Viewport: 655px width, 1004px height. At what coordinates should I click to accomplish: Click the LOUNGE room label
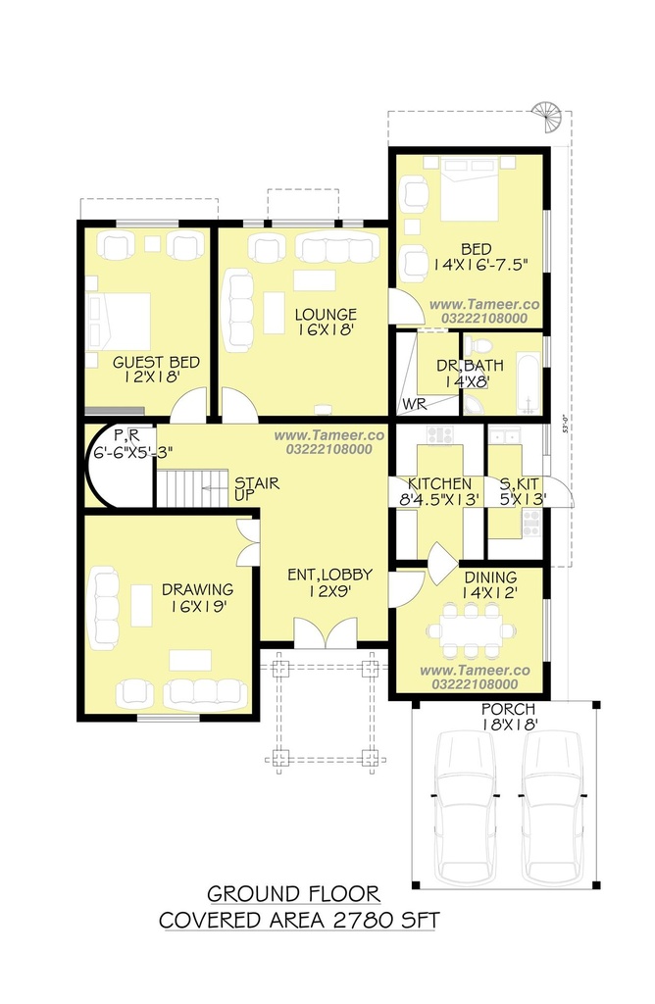(326, 315)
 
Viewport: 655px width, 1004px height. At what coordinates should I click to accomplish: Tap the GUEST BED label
(156, 363)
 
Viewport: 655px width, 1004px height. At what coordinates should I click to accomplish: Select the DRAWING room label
(197, 589)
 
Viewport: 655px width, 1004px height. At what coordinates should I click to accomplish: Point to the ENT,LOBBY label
(329, 575)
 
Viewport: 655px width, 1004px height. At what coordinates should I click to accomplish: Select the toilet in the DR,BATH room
(477, 346)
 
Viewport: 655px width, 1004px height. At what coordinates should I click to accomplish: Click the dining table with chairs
(472, 630)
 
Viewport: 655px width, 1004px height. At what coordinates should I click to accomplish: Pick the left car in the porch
(465, 808)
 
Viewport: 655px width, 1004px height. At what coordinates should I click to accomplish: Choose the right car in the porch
(553, 808)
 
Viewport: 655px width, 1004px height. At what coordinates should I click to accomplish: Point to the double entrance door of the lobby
(326, 632)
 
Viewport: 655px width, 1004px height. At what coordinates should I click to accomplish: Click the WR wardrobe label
(414, 405)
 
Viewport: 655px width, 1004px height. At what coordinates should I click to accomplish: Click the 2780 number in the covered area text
(363, 920)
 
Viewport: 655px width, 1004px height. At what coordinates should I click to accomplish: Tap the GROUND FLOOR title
(293, 893)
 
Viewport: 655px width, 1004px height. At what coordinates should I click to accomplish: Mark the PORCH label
(508, 710)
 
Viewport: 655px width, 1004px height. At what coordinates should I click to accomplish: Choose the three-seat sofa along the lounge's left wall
(238, 311)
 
